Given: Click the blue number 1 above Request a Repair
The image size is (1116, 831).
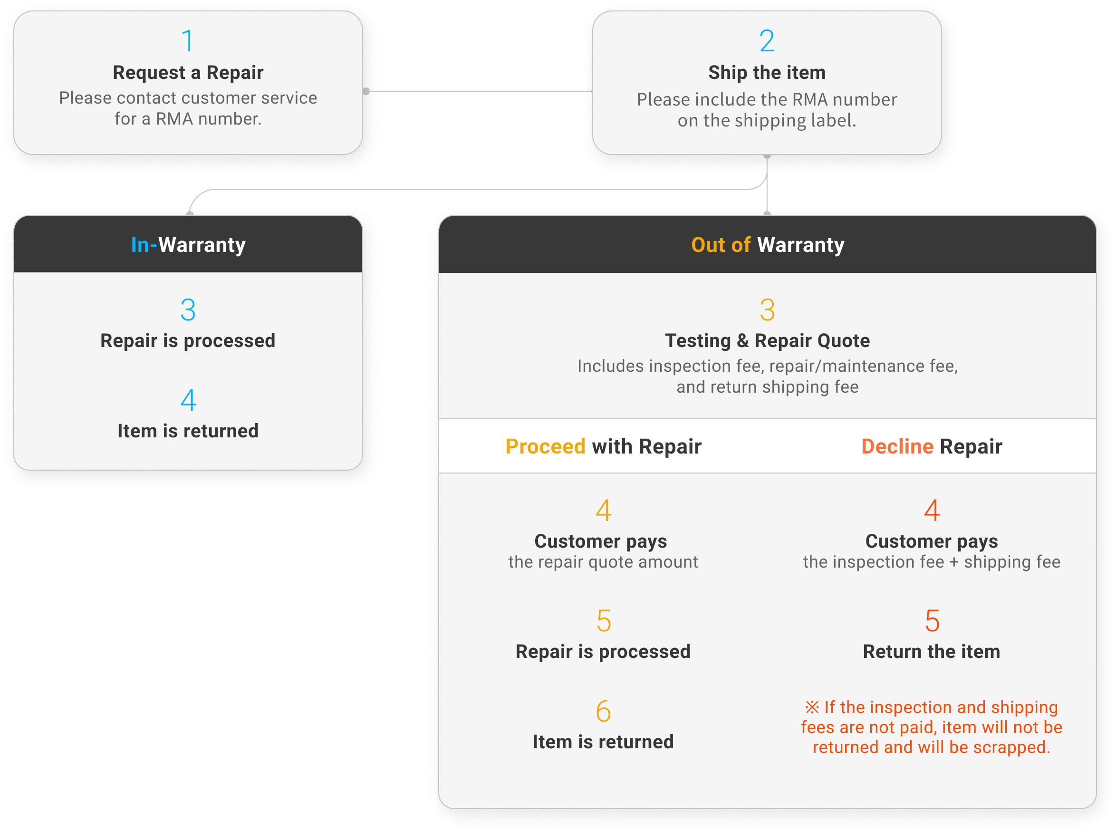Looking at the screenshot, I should coord(188,41).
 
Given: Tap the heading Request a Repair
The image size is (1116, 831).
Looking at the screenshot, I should coord(188,72).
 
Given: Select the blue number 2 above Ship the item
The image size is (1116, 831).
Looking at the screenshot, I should coord(767,41).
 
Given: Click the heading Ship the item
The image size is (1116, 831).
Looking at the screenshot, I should coord(767,72).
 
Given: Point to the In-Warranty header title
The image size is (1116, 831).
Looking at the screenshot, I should coord(188,245).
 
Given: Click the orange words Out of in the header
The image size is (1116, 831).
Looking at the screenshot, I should coord(720,245).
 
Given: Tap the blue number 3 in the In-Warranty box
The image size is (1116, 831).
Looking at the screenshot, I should coord(188,310).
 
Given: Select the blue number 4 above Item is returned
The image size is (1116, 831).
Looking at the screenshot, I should coord(188,400).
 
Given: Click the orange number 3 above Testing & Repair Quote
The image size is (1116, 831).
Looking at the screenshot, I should coord(767,310).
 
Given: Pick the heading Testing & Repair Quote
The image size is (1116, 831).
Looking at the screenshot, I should coord(767,340).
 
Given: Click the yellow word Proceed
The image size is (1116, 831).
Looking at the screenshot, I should coord(545,446).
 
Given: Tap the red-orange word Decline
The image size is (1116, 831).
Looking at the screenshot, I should coord(897,446).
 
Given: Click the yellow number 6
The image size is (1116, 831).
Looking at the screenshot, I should coord(603,711).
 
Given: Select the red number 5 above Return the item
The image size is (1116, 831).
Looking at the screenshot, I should coord(932,621).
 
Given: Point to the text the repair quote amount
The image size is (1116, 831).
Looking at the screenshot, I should coord(603,562).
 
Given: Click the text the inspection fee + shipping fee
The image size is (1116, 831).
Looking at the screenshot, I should coord(932,562).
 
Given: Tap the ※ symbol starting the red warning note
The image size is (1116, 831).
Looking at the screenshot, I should coord(812,707).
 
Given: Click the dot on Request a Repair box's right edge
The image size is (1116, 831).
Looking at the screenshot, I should coord(366,91).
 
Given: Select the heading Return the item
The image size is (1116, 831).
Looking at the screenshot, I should coord(932,651).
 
